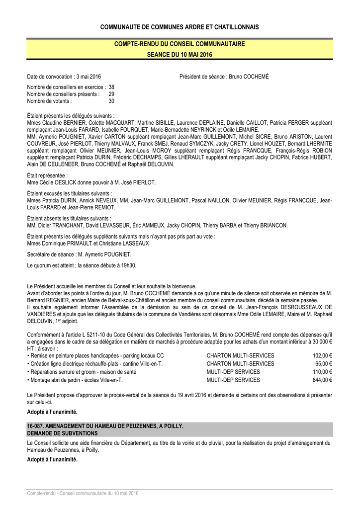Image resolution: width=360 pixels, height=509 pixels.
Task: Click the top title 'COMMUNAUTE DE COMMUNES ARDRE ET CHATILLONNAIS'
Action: (180, 26)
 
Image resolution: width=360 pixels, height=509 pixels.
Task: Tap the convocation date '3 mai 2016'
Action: (88, 77)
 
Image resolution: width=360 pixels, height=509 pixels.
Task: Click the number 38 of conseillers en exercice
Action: (111, 86)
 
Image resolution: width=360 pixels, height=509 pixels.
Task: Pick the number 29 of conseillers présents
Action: (111, 93)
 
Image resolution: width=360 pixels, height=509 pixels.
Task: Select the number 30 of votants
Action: (111, 100)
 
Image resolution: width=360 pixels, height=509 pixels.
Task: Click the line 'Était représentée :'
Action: (47, 175)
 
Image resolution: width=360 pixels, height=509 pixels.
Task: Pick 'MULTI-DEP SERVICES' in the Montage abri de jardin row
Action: (233, 380)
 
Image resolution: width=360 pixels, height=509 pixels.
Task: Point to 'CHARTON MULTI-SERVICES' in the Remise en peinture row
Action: (240, 356)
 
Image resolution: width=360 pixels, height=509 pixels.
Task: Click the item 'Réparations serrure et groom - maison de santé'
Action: (84, 372)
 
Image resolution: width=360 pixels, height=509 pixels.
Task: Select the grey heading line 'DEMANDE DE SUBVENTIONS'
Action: (62, 433)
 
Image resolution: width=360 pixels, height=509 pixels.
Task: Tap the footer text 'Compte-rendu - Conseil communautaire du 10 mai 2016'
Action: (83, 493)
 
